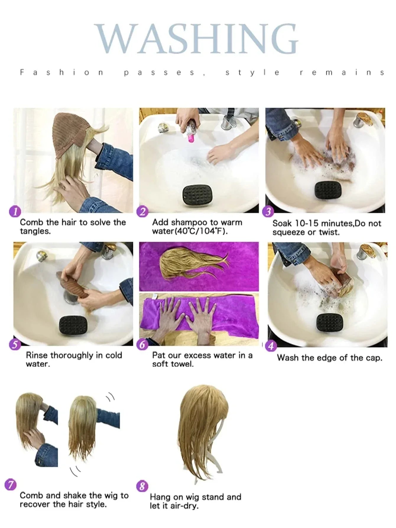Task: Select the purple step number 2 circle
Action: click(143, 212)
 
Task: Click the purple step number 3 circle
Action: click(268, 212)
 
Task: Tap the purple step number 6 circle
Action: click(143, 345)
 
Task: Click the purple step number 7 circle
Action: click(11, 485)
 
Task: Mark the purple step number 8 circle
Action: click(142, 486)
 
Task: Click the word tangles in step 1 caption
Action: click(35, 231)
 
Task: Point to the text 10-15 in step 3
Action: click(306, 223)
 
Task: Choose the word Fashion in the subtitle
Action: click(61, 72)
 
